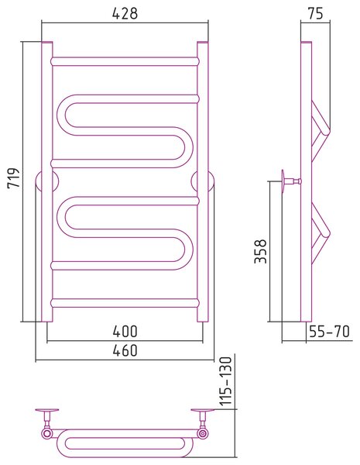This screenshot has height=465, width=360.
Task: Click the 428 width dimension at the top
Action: [x=125, y=13]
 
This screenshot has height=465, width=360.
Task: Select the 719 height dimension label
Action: [x=13, y=177]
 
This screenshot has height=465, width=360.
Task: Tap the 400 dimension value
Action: [x=125, y=331]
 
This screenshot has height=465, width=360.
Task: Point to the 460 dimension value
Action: [x=125, y=350]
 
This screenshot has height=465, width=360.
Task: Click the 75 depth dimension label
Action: [x=315, y=13]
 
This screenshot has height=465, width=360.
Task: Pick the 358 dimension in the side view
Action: [x=261, y=251]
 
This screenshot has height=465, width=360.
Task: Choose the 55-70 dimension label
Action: [x=329, y=331]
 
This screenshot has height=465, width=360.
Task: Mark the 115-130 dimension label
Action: [x=226, y=381]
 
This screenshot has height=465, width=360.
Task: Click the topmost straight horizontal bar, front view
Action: [x=125, y=61]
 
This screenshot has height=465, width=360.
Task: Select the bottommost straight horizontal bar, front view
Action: [x=125, y=303]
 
